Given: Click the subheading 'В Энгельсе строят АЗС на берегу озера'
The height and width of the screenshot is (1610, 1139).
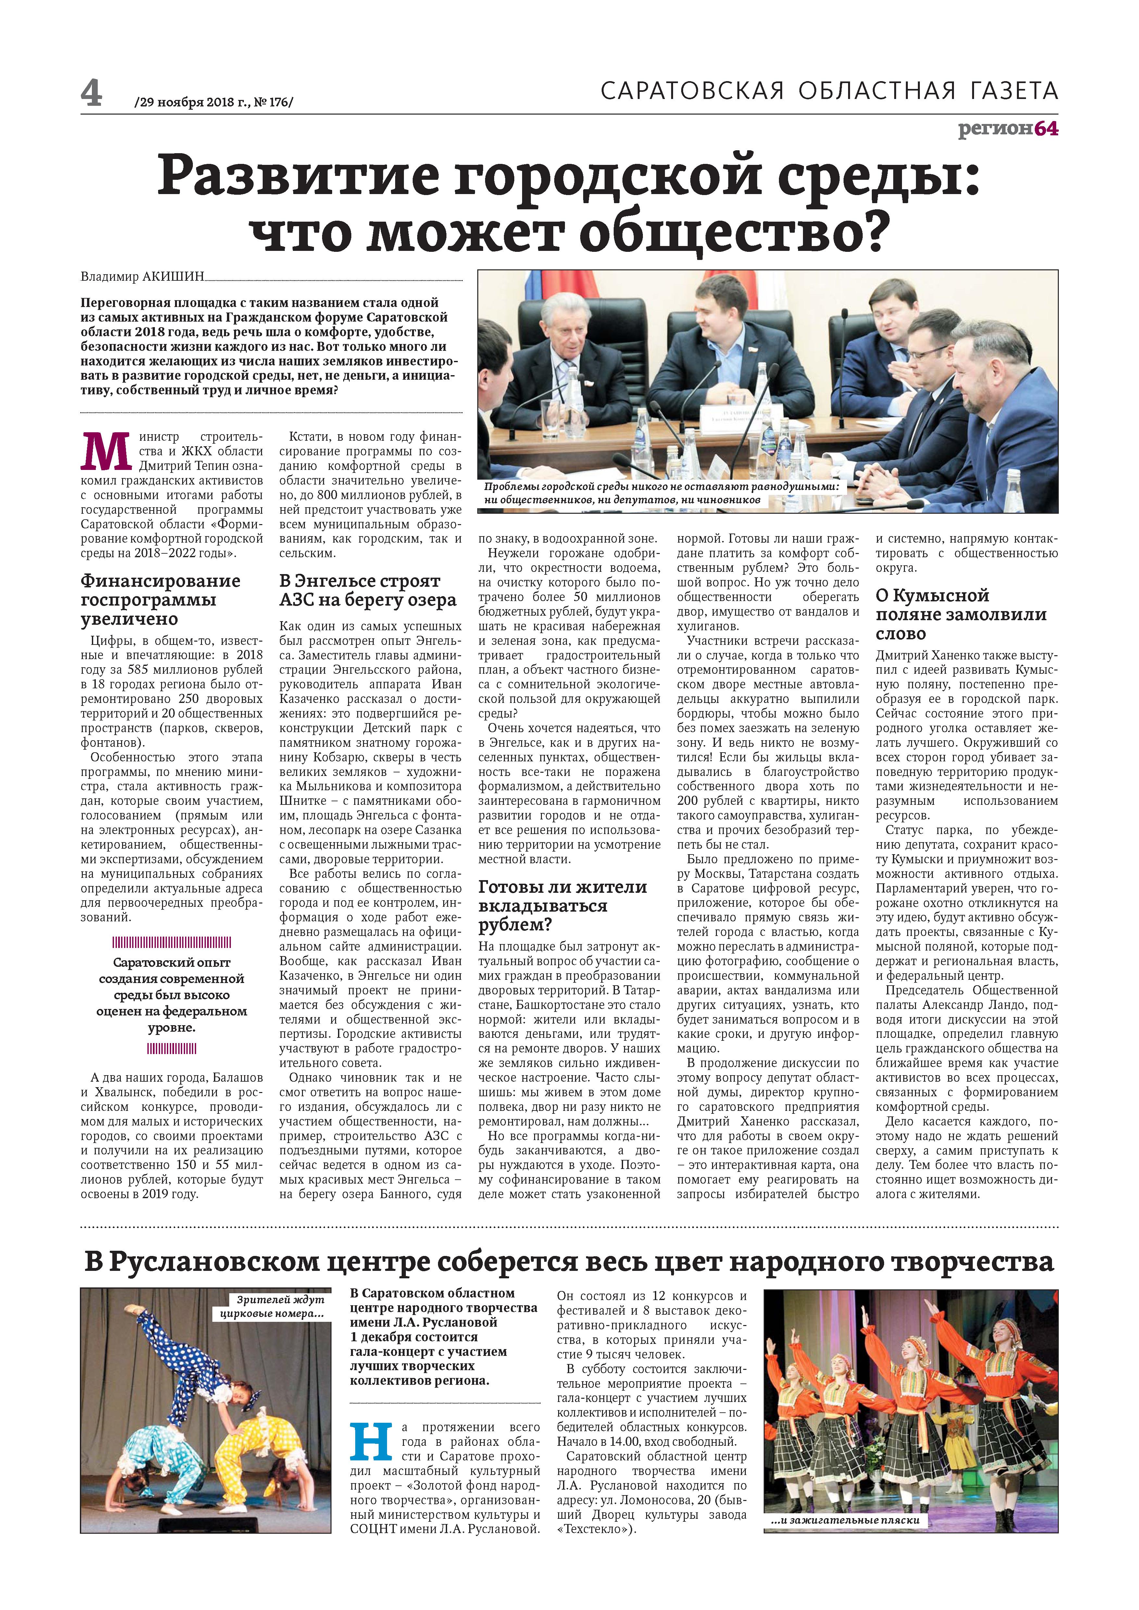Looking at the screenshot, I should [x=368, y=590].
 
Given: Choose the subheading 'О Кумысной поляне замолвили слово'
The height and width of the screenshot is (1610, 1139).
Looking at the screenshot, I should [x=961, y=614].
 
